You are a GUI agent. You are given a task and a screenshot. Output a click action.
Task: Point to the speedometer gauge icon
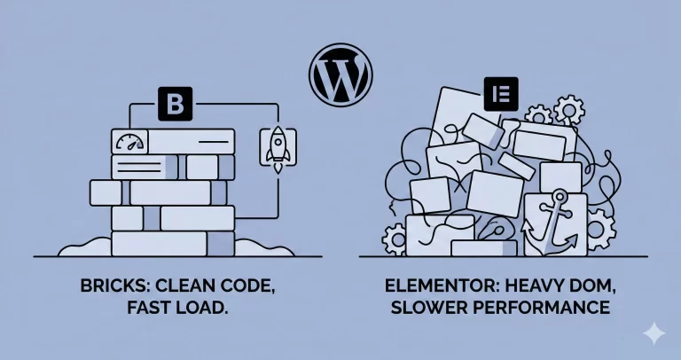(x=129, y=142)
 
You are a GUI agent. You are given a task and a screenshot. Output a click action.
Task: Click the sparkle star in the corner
(x=655, y=333)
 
